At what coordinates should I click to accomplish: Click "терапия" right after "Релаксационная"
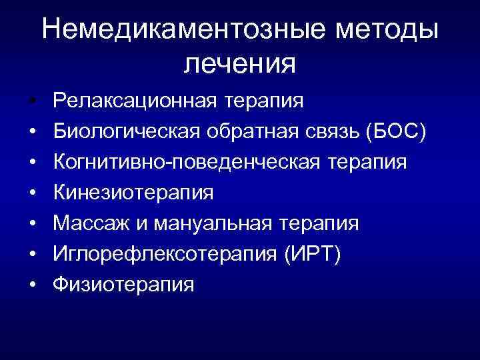pyautogui.click(x=264, y=101)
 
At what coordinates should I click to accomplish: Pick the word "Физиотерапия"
pyautogui.click(x=124, y=285)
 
